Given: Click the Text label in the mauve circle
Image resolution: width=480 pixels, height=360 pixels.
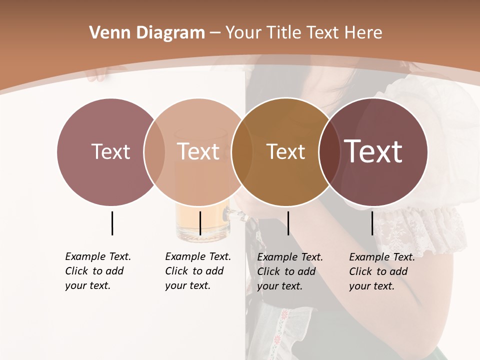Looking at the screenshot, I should [x=110, y=151].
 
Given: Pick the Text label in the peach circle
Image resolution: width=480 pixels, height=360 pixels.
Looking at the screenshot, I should [x=198, y=151].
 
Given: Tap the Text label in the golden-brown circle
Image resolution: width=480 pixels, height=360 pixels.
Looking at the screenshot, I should [x=285, y=152].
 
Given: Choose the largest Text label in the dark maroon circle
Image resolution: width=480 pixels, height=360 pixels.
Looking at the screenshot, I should [x=373, y=151].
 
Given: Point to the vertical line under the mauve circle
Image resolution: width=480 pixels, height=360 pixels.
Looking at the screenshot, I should [x=112, y=223].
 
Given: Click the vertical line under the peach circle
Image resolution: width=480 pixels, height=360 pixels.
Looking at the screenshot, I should [x=200, y=223].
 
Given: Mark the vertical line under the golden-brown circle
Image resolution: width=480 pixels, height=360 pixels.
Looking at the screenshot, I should [x=288, y=223].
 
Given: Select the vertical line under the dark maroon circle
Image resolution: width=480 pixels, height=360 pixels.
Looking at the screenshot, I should [x=372, y=223].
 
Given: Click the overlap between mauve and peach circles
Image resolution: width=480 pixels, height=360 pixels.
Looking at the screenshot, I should [x=154, y=151].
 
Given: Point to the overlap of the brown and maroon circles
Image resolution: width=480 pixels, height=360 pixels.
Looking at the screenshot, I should [x=329, y=151].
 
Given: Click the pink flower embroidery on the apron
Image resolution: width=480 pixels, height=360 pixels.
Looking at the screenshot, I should [x=285, y=314].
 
